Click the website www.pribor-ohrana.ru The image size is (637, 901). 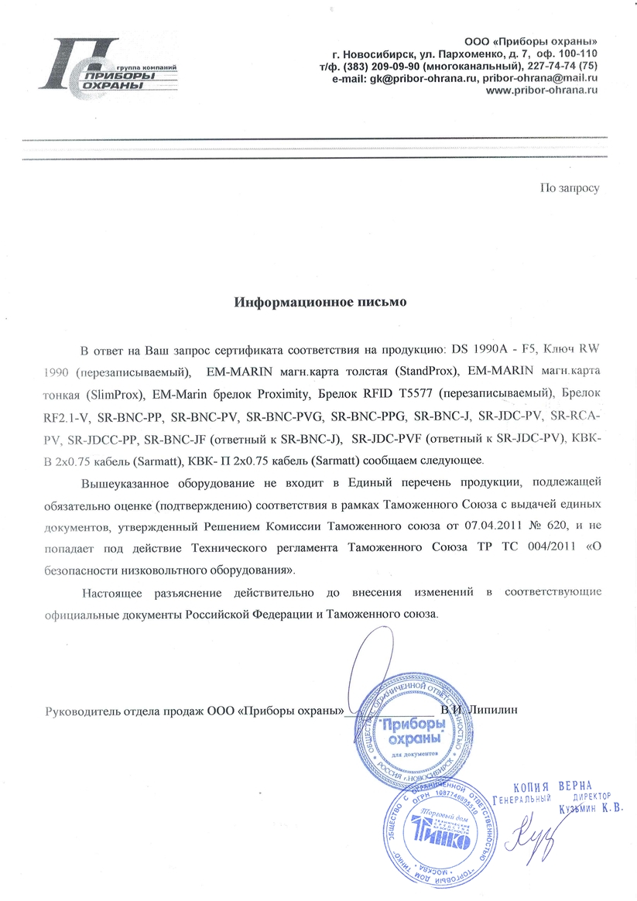pyautogui.click(x=542, y=90)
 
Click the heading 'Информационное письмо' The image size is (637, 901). pyautogui.click(x=320, y=301)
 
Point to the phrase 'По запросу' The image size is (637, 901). pyautogui.click(x=570, y=187)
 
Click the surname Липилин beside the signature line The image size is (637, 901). pyautogui.click(x=491, y=708)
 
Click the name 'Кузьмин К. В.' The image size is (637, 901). pyautogui.click(x=591, y=810)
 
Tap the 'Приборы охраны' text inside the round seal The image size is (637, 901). pyautogui.click(x=413, y=731)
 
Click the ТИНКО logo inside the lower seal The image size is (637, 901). pyautogui.click(x=440, y=838)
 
